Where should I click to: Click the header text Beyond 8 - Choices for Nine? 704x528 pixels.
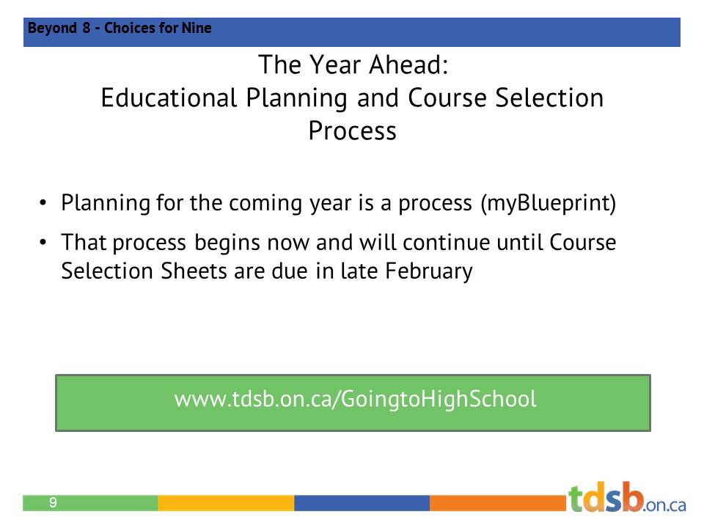click(x=120, y=29)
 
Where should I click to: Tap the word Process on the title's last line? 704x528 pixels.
click(x=352, y=131)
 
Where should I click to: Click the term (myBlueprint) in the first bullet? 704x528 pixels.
click(x=548, y=203)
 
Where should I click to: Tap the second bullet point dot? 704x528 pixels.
click(x=44, y=242)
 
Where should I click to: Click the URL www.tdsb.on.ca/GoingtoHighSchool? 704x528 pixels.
click(x=355, y=400)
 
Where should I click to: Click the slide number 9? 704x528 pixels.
click(x=53, y=503)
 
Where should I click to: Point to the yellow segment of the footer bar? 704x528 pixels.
click(x=226, y=503)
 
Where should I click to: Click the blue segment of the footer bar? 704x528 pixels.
click(x=362, y=503)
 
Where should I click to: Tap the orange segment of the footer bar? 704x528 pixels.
click(x=499, y=503)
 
